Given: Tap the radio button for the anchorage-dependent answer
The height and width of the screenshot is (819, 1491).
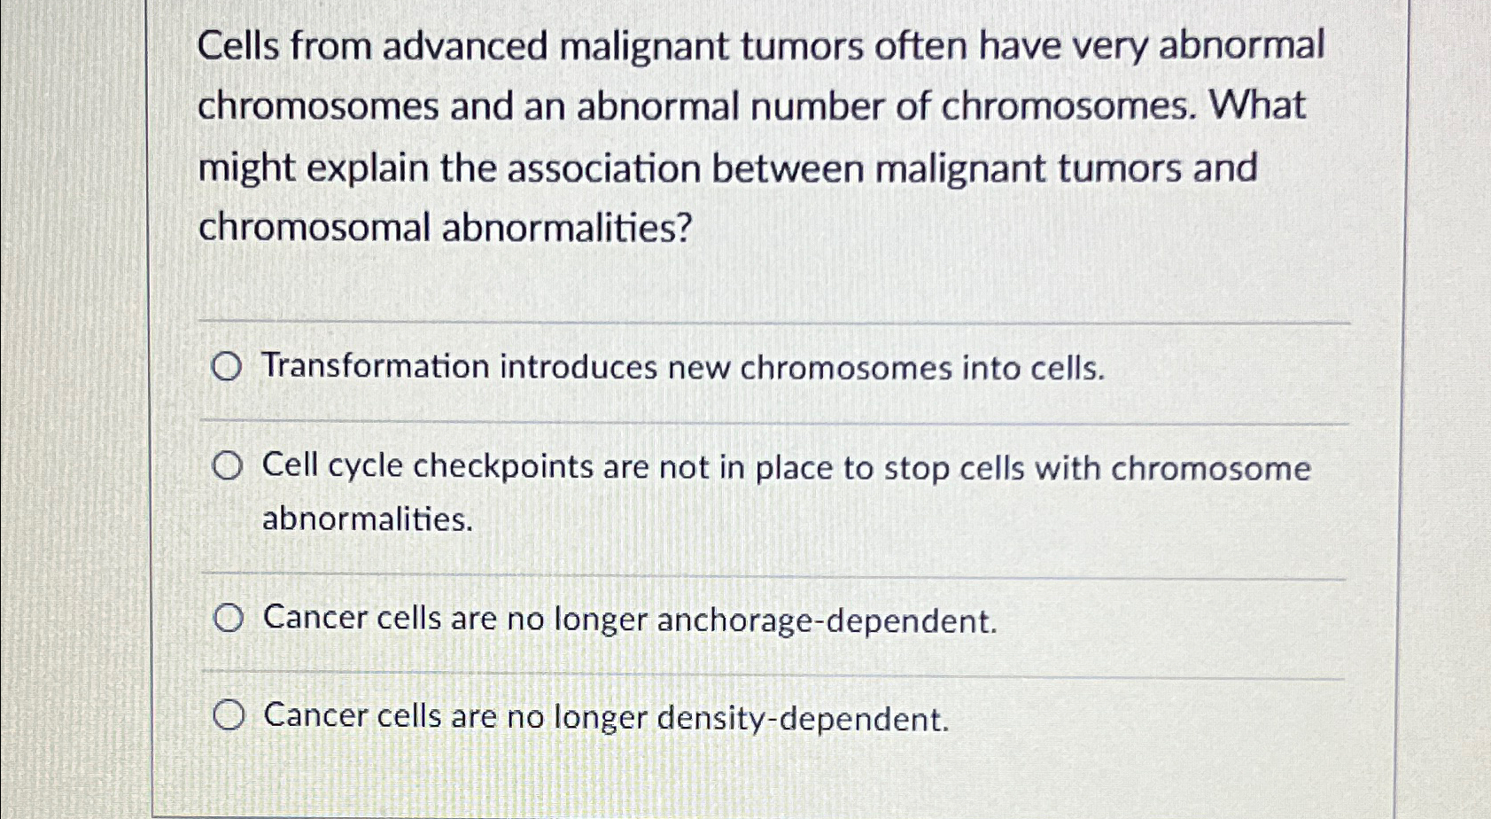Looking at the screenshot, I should pos(228,619).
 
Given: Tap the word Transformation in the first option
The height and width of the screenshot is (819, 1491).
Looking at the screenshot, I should pos(375,366).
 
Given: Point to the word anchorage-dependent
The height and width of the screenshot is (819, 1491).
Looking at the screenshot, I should pos(827,620).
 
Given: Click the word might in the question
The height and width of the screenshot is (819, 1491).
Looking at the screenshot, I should pos(245,168).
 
